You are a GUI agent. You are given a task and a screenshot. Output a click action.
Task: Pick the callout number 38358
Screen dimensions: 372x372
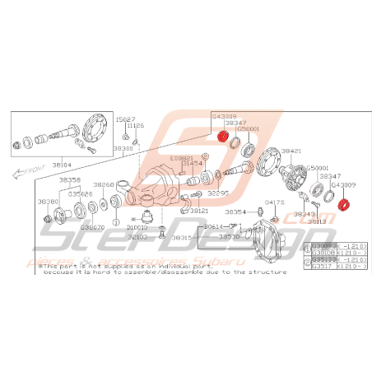pyautogui.click(x=70, y=179)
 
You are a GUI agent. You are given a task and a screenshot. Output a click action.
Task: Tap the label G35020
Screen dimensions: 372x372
pyautogui.click(x=80, y=194)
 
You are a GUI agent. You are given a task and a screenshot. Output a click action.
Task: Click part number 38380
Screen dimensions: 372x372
pyautogui.click(x=49, y=201)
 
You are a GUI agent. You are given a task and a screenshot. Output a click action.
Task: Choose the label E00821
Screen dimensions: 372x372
pyautogui.click(x=182, y=156)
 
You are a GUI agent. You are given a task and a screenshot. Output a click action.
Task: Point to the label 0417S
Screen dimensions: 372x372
pyautogui.click(x=274, y=201)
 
